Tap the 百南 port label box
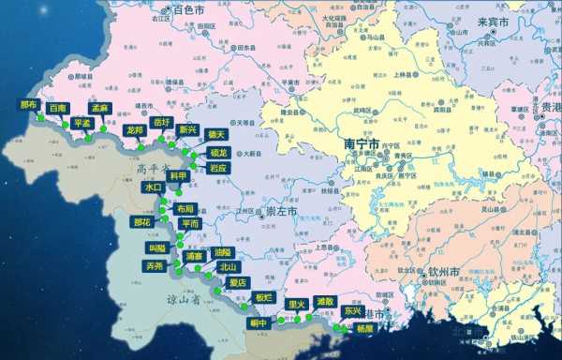click(58, 109)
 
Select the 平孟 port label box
click(81, 123)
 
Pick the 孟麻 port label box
click(99, 109)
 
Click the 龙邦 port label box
click(134, 130)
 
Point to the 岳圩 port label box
click(162, 123)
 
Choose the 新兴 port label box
click(187, 129)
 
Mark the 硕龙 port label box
click(218, 152)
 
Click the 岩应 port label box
click(217, 168)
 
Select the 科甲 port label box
click(177, 175)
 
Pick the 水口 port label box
click(154, 187)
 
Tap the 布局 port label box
click(185, 208)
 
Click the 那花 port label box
click(142, 222)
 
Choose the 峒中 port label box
click(259, 322)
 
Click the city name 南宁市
click(360, 145)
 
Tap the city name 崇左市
click(281, 212)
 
